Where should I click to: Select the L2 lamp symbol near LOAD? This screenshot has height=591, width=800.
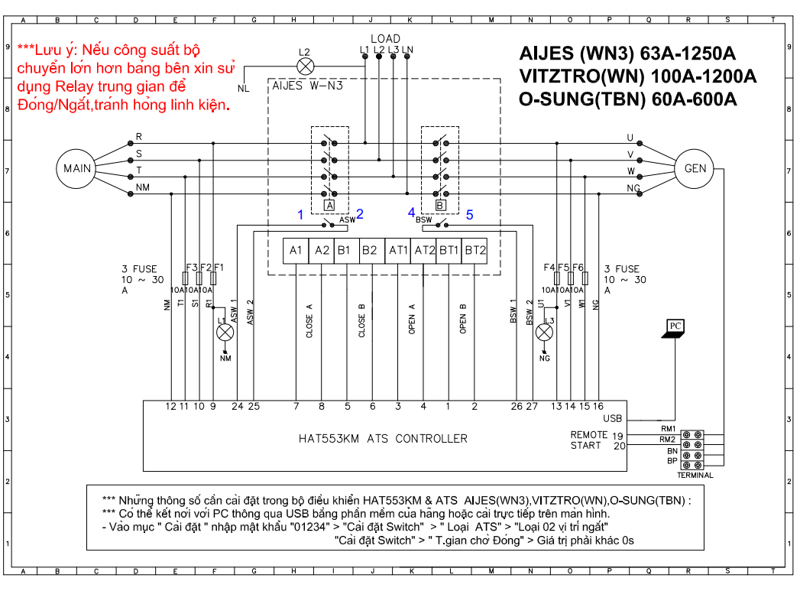click(305, 67)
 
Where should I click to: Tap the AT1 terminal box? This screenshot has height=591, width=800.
click(398, 251)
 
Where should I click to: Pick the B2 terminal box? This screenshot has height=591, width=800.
click(372, 251)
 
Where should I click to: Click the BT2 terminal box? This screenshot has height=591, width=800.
click(474, 251)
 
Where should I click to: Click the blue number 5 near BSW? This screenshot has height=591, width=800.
click(469, 215)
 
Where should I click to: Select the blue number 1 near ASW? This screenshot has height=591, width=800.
click(300, 215)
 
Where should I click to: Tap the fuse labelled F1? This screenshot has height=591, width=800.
click(213, 278)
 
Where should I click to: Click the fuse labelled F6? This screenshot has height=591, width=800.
click(585, 278)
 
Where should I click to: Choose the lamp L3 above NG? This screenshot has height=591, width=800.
click(544, 333)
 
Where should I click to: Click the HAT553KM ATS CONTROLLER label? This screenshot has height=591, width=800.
click(383, 439)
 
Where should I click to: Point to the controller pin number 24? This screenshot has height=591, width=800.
click(237, 406)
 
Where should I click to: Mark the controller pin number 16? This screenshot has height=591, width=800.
click(598, 406)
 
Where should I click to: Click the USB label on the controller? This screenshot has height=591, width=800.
click(612, 418)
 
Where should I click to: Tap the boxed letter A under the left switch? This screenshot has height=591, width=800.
click(329, 206)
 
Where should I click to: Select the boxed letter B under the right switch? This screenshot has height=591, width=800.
click(440, 206)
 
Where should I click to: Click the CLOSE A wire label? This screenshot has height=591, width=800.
click(309, 321)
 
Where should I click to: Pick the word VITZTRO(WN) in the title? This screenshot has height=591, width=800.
click(582, 76)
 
